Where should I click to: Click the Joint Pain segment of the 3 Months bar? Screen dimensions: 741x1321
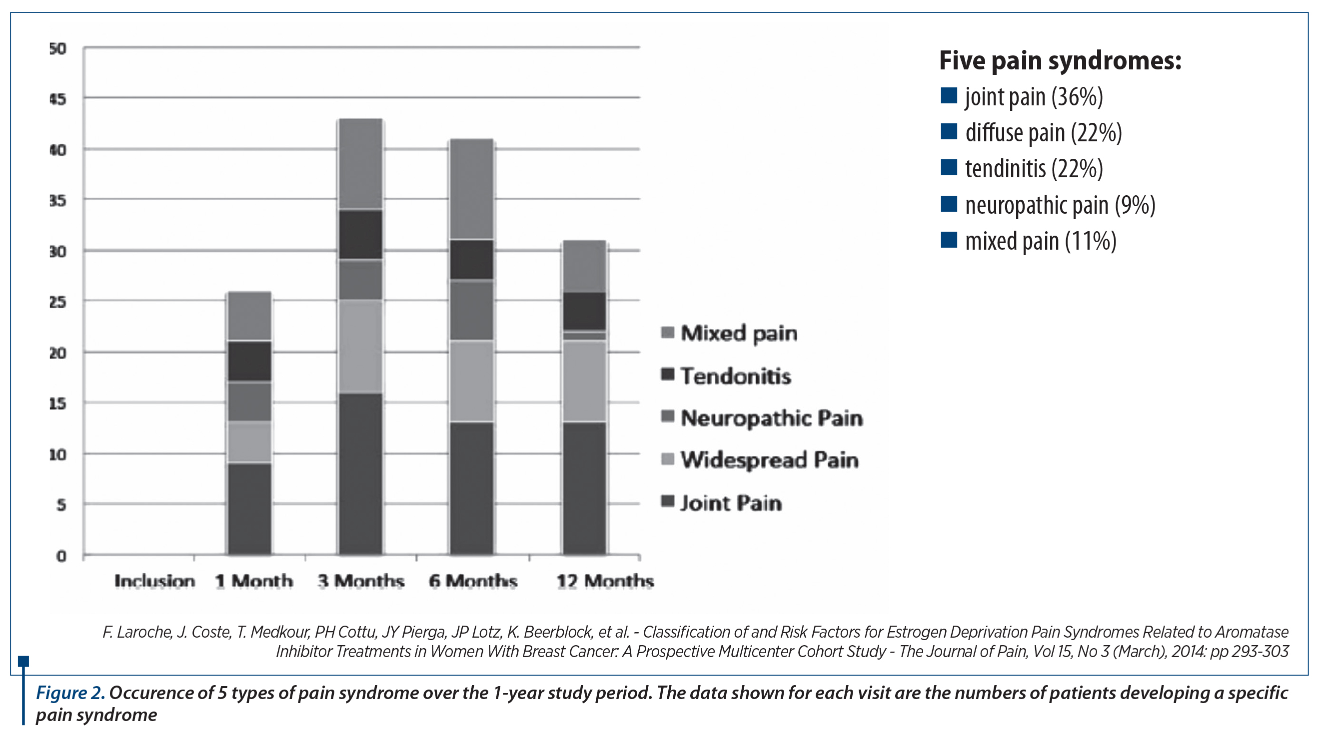pos(360,474)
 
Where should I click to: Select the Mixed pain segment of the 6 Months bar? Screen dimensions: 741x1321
pos(471,189)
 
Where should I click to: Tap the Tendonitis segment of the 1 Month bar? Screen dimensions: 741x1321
pos(250,361)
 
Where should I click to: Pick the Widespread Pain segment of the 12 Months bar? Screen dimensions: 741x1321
pos(584,381)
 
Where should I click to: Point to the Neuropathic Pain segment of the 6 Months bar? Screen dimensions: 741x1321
pos(471,310)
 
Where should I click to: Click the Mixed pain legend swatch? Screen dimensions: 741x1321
pos(668,333)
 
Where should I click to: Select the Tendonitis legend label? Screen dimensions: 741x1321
pos(735,375)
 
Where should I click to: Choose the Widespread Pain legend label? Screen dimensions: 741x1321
pos(769,460)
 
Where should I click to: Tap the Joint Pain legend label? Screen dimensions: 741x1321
pos(731,503)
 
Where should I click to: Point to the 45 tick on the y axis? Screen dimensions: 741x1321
pos(58,98)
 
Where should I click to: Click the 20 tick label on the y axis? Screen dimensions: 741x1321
pos(58,353)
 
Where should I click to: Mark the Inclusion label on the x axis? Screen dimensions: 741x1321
pos(154,581)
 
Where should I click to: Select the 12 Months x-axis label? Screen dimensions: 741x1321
pos(605,581)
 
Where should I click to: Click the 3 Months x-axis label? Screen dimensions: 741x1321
pos(360,581)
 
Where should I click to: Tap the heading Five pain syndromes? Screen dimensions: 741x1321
pos(1060,60)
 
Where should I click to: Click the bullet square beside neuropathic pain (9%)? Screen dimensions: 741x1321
pos(949,203)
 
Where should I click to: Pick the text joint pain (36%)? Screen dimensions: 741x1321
pos(1034,97)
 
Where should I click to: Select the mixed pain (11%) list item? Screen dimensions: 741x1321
pos(1041,241)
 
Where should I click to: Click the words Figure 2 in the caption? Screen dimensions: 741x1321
pos(70,693)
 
